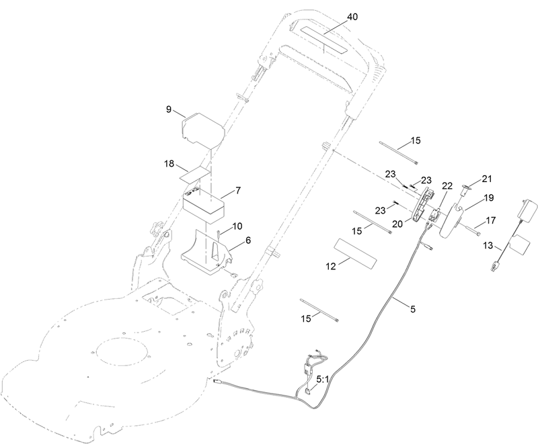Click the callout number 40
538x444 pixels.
[352, 17]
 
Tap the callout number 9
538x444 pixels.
[169, 109]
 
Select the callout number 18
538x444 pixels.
[169, 163]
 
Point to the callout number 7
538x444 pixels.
[238, 190]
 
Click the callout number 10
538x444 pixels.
[237, 226]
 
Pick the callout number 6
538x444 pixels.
[247, 240]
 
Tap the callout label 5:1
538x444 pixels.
[322, 380]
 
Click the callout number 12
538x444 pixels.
[331, 266]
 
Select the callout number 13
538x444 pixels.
[488, 246]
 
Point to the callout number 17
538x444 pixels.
[491, 220]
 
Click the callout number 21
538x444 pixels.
[486, 179]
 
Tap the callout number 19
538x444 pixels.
[489, 197]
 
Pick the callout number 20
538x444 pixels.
[397, 224]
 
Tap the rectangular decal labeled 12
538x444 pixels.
[356, 253]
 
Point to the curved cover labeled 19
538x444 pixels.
[451, 221]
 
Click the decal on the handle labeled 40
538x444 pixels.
[324, 40]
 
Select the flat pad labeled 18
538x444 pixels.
[195, 175]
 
